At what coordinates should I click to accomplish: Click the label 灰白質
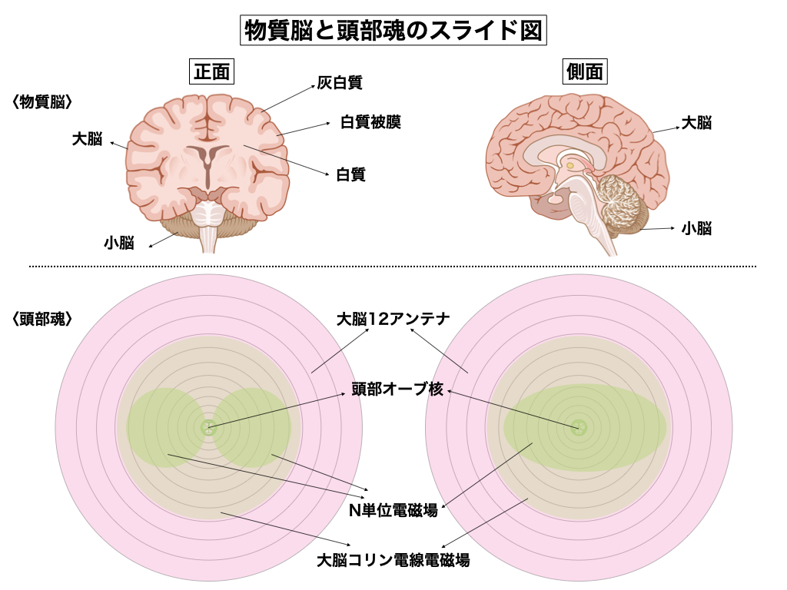pyautogui.click(x=340, y=82)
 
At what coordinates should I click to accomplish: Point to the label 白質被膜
pyautogui.click(x=370, y=122)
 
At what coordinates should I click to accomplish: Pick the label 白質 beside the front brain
pyautogui.click(x=350, y=174)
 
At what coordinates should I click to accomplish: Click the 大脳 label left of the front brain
pyautogui.click(x=87, y=139)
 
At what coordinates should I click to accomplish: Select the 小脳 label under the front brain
pyautogui.click(x=119, y=243)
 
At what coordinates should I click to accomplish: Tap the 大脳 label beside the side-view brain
pyautogui.click(x=696, y=122)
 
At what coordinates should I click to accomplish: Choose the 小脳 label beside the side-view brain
pyautogui.click(x=696, y=227)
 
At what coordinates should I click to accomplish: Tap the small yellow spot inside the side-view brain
pyautogui.click(x=570, y=164)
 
